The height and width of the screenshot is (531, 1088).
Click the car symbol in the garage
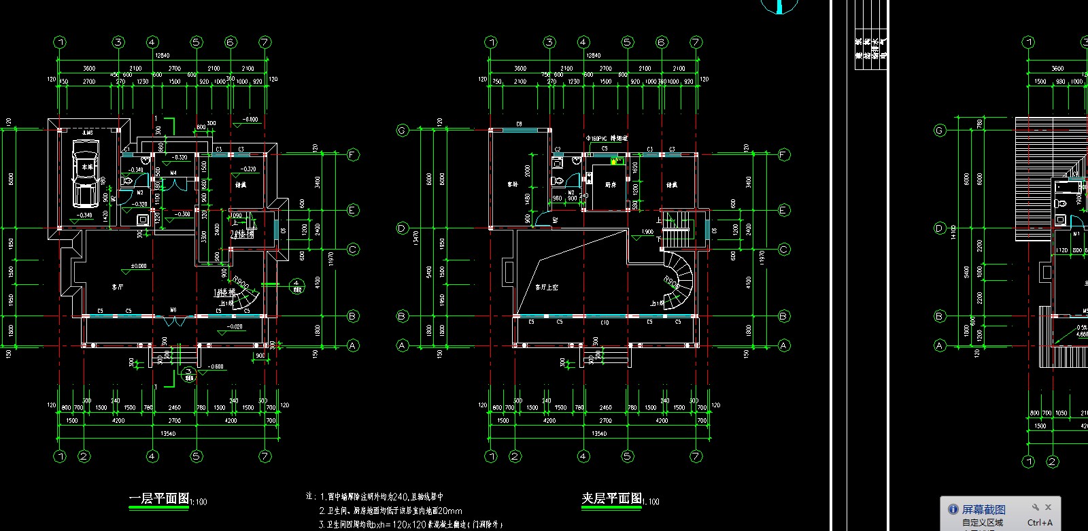click(x=86, y=173)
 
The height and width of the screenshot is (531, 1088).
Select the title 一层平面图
click(x=159, y=498)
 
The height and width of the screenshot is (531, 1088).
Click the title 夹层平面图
click(x=611, y=498)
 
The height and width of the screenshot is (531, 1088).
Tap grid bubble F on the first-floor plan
click(x=352, y=154)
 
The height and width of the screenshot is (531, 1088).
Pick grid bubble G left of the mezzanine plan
click(x=402, y=130)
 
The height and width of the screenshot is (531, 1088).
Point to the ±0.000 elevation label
click(x=138, y=266)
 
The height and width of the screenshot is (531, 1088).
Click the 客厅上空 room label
click(x=546, y=288)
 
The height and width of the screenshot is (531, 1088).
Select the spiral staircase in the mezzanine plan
click(x=677, y=279)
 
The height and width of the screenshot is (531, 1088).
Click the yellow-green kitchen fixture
click(x=616, y=161)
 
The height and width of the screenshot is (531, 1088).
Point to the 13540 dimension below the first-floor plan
click(x=167, y=433)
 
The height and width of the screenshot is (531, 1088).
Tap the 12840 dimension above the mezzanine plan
click(x=593, y=56)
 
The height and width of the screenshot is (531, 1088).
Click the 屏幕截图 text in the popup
click(x=983, y=509)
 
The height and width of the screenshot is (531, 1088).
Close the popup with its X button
click(x=1048, y=507)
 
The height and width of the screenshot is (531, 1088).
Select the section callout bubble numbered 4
click(x=296, y=285)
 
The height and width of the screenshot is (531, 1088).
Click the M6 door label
click(x=173, y=310)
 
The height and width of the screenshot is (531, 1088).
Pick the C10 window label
click(x=605, y=322)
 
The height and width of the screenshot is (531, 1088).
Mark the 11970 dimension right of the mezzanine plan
click(x=762, y=258)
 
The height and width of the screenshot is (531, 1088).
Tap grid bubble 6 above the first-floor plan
click(x=230, y=42)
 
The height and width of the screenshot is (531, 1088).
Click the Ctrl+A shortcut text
click(x=1039, y=522)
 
